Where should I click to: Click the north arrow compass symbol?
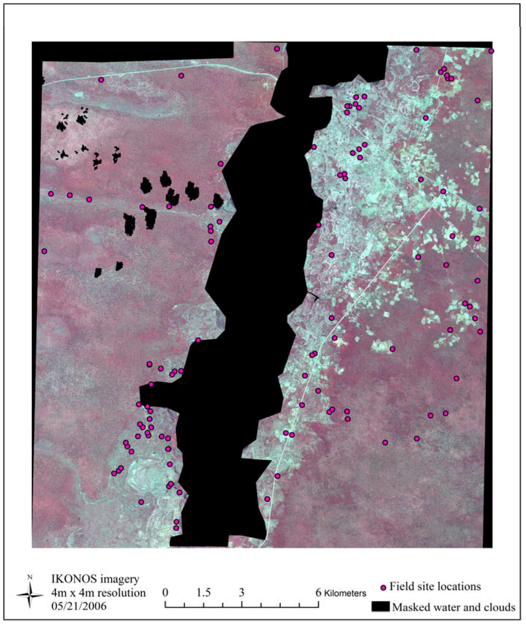coord(30,595)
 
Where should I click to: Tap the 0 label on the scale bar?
coord(165,592)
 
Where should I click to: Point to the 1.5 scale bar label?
coord(204,592)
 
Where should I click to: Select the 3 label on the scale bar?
coord(241,592)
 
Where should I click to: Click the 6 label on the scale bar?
coord(318,592)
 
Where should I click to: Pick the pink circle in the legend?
coord(383,587)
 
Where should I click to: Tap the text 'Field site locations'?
coord(435,586)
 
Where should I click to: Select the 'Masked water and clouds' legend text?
coord(454,608)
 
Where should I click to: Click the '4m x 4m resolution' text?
coord(98,593)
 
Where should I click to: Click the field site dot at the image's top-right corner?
coord(491,51)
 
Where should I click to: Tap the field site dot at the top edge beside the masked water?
coord(277,49)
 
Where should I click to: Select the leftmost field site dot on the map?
coord(44,251)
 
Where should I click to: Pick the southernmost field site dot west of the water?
coord(176,528)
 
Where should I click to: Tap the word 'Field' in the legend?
coord(402,586)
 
